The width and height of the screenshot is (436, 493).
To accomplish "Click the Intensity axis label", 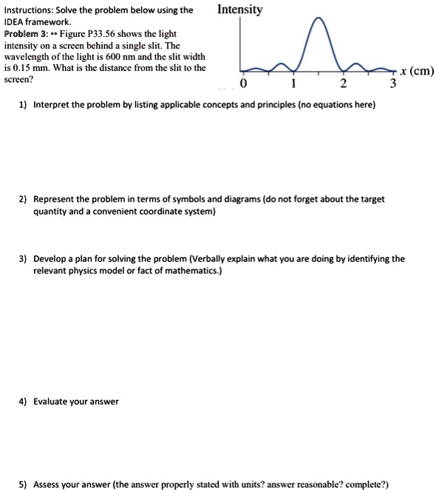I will pos(240,10).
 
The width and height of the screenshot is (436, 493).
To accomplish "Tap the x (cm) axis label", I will pos(416,71).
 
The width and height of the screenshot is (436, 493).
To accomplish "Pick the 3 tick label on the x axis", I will pos(393,83).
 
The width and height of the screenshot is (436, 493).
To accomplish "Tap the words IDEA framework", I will pos(36,22).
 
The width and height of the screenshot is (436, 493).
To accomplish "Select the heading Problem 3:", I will pos(26,34).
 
